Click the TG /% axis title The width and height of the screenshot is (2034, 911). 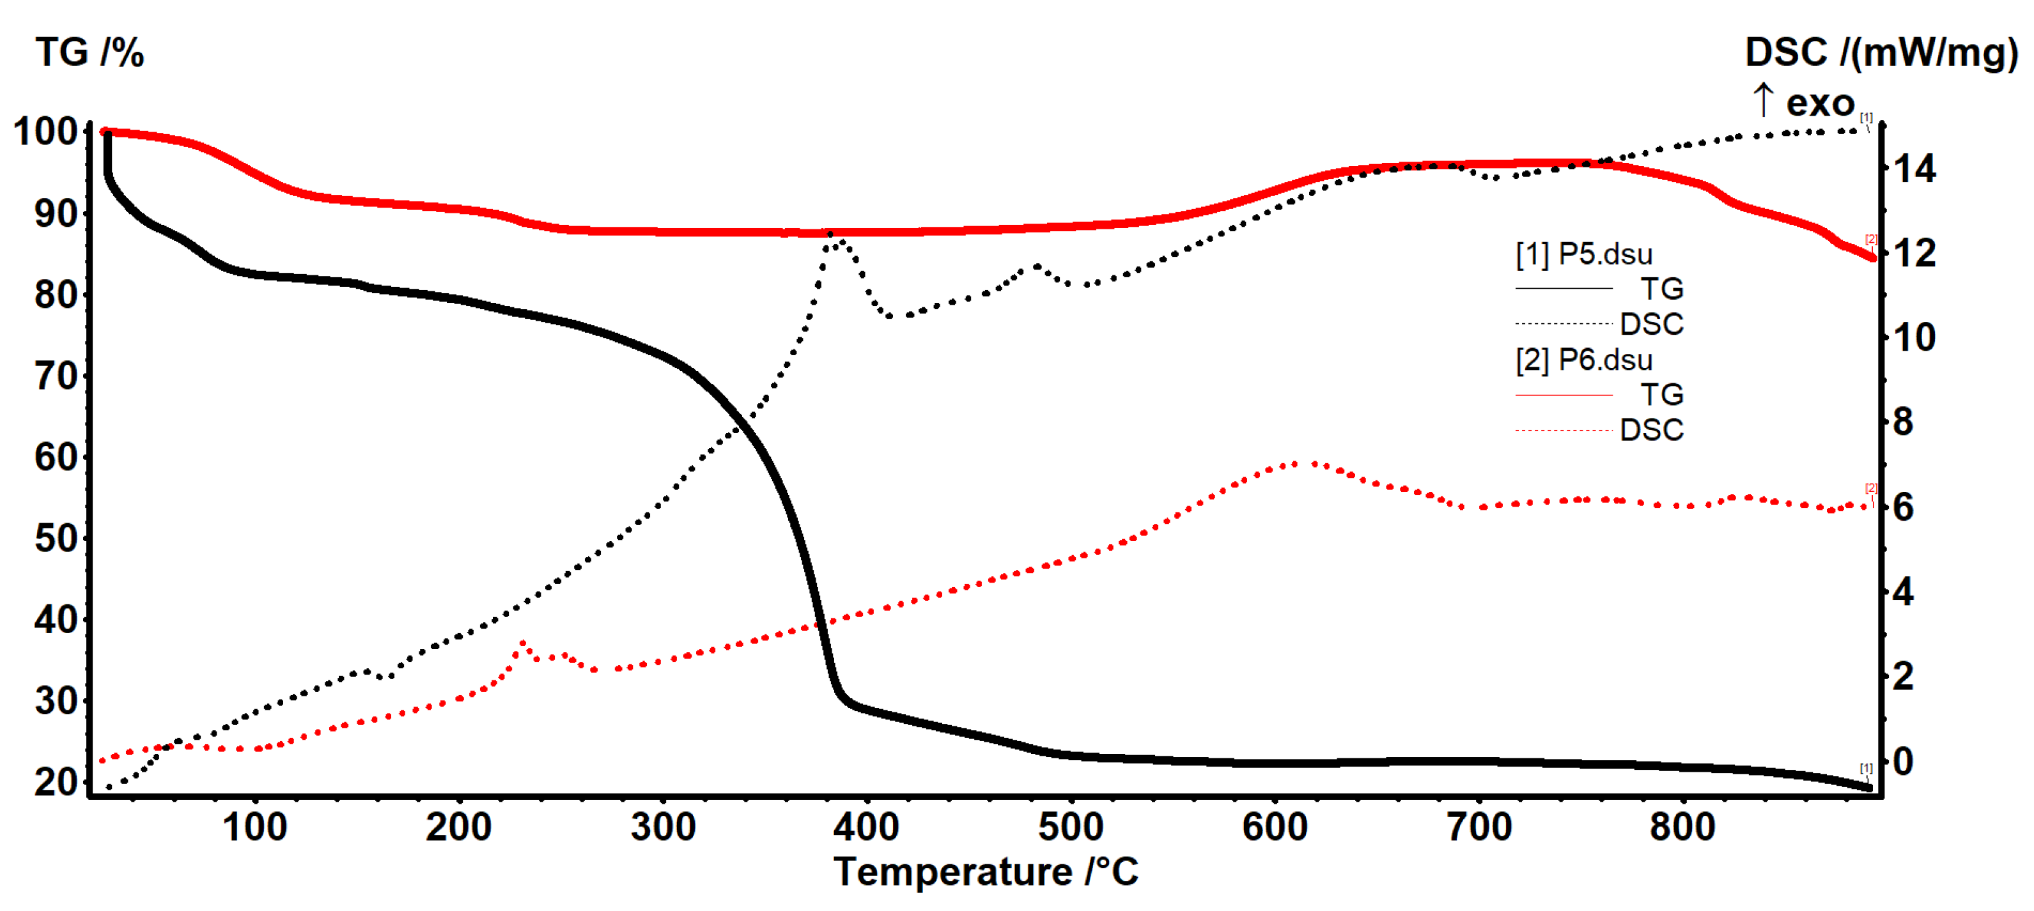click(89, 53)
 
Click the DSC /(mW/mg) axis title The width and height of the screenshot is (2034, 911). click(1881, 53)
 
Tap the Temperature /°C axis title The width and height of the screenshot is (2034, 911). click(986, 872)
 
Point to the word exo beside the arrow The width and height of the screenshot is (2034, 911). click(1820, 103)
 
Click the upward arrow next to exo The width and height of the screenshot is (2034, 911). click(1763, 101)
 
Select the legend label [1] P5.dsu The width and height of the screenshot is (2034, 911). click(1583, 254)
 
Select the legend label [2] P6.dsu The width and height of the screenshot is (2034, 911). click(1583, 360)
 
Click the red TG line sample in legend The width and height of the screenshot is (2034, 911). click(1564, 395)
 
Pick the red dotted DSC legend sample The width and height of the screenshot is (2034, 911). click(1564, 430)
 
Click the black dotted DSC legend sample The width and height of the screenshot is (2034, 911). click(1564, 324)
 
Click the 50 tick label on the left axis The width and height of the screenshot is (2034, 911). click(55, 539)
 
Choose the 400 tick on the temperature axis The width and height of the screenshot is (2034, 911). click(866, 827)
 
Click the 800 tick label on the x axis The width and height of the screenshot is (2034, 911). click(1682, 827)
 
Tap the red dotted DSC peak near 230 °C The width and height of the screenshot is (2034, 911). click(522, 643)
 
